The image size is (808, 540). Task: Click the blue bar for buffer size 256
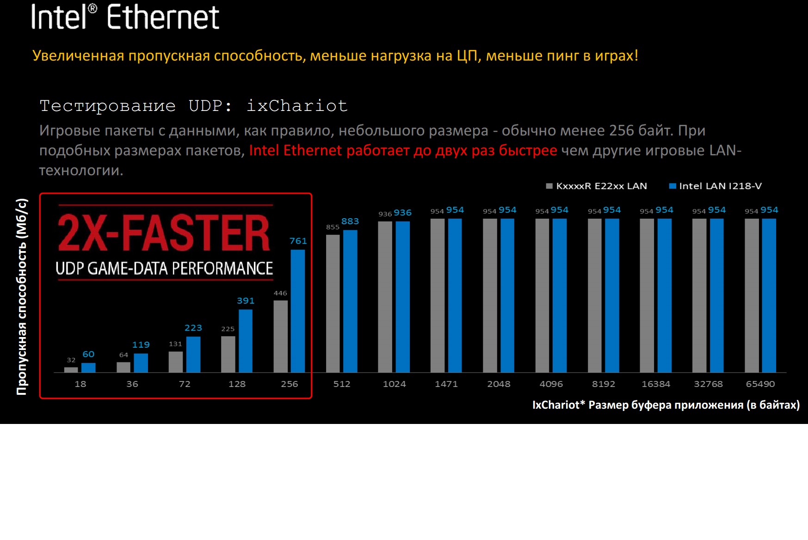[x=298, y=311]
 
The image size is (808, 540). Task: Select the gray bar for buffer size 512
[x=333, y=303]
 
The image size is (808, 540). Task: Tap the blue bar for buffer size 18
[x=88, y=368]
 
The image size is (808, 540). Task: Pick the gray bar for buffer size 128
[x=228, y=354]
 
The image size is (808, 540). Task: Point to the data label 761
[x=298, y=241]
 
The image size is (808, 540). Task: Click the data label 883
[x=350, y=221]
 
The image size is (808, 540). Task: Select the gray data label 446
[x=280, y=293]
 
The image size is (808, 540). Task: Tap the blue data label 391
[x=246, y=301]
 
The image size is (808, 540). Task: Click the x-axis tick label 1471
[x=446, y=384]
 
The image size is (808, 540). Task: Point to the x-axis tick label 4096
[x=551, y=384]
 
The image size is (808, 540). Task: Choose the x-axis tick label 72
[x=185, y=384]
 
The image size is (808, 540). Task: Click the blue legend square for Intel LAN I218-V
[x=672, y=186]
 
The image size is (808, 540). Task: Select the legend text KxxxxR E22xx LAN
[x=601, y=186]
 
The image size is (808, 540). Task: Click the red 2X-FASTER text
[x=163, y=233]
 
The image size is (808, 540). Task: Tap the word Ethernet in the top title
[x=163, y=18]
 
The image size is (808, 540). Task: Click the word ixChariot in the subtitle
[x=297, y=106]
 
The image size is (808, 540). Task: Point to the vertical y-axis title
[x=22, y=296]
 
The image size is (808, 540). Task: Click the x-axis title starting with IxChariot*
[x=666, y=405]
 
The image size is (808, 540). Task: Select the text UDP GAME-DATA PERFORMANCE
[x=164, y=268]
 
